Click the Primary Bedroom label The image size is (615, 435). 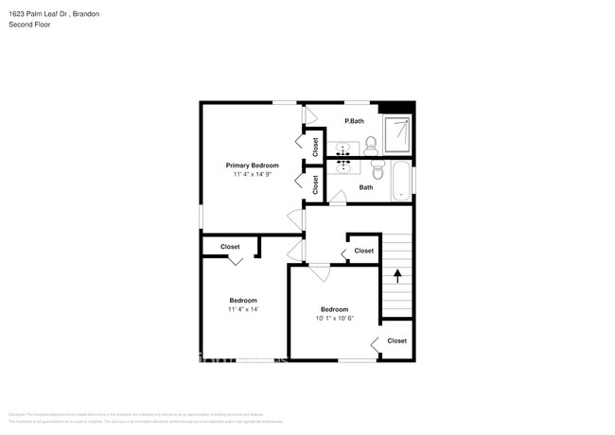point(252,165)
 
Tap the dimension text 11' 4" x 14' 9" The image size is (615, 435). point(252,175)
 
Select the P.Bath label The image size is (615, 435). point(354,121)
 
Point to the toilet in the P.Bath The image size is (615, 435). point(371,144)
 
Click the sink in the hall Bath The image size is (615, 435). point(343,164)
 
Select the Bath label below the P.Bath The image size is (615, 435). point(366,187)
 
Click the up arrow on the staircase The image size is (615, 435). point(397,276)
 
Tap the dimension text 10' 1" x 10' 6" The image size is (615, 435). point(334,319)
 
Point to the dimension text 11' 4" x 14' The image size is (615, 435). point(243,309)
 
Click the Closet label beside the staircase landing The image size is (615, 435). point(363,251)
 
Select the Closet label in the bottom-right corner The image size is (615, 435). point(396,340)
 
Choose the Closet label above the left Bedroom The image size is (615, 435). point(230,247)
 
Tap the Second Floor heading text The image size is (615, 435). point(30,25)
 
